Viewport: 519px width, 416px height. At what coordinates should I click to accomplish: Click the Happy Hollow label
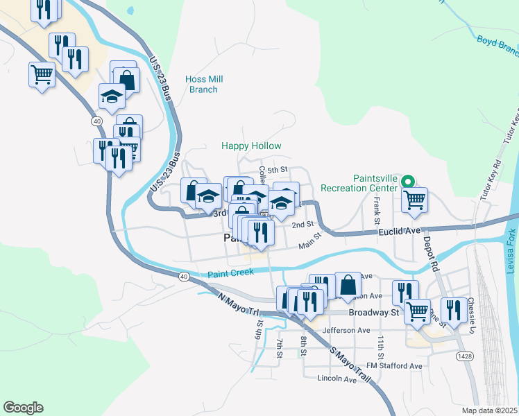tap(251, 146)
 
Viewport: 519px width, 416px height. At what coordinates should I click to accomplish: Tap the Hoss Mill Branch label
tap(203, 85)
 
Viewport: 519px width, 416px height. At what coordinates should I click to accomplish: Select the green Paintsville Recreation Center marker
tap(409, 183)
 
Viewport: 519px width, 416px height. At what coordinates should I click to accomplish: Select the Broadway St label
tap(375, 313)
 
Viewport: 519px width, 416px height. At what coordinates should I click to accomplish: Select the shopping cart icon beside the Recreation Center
tap(414, 200)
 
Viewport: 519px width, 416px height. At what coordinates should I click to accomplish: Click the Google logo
tap(23, 408)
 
